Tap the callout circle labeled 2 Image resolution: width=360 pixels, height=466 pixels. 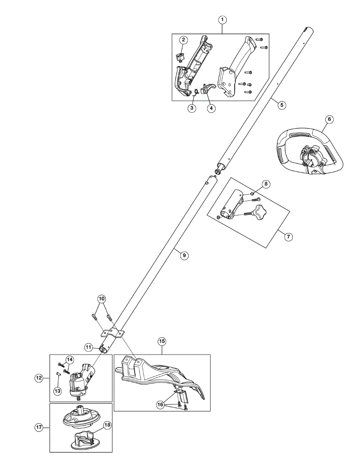[x=183, y=40]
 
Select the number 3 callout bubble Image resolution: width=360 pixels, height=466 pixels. [x=192, y=108]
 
